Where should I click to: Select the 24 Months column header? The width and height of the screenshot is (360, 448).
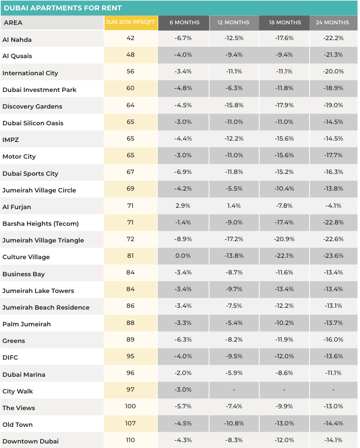tap(333, 23)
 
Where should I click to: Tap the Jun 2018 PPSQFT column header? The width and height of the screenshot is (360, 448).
tap(131, 23)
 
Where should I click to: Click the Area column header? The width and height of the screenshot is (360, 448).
tap(13, 23)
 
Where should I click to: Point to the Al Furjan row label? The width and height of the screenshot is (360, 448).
tap(17, 207)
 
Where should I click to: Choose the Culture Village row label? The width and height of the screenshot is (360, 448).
tap(26, 257)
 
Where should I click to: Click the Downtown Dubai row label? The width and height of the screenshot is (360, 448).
tap(31, 441)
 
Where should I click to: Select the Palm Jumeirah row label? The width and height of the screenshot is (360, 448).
tap(27, 324)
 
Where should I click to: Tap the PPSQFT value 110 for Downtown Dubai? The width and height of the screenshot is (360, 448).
tap(131, 440)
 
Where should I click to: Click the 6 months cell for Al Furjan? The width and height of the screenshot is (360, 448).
tap(183, 206)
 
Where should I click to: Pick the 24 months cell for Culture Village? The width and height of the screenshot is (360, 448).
tap(333, 256)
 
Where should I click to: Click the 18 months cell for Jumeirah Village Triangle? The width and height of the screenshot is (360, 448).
tap(284, 239)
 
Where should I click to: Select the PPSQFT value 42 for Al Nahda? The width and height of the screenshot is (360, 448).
tap(131, 38)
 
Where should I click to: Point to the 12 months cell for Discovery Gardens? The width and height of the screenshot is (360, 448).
tap(234, 105)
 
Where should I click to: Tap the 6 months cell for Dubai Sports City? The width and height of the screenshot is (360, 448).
tap(183, 172)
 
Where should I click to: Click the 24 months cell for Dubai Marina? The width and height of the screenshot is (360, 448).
tap(333, 373)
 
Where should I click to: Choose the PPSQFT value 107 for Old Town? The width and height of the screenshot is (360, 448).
tap(131, 423)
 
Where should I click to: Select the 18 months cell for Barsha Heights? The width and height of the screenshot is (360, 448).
tap(284, 222)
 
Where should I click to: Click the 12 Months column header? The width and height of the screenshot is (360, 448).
tap(233, 23)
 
